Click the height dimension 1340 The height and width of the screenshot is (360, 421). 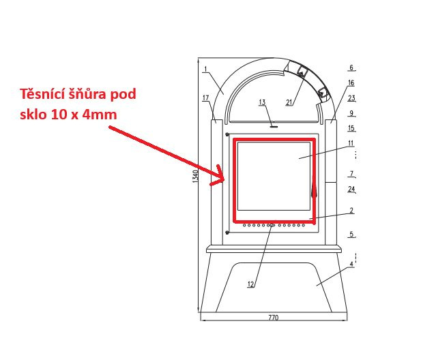coord(195,176)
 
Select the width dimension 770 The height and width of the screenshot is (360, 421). coord(274,317)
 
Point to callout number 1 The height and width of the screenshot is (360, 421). coord(205,70)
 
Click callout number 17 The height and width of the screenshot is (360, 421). coord(205,98)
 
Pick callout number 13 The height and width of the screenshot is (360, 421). coord(262,102)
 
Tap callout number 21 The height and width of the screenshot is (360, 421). coord(289,102)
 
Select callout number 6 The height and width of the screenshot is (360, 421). coord(351,67)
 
